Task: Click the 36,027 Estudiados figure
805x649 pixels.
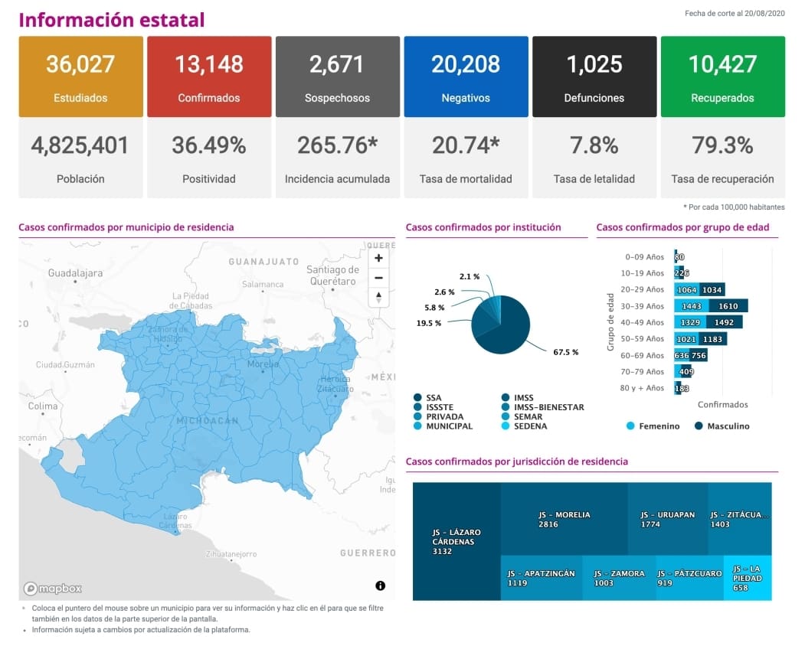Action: click(80, 64)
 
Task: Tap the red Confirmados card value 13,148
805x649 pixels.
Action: click(209, 64)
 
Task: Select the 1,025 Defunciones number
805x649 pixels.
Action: click(594, 64)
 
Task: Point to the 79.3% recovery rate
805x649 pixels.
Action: click(722, 145)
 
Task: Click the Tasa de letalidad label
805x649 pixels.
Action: click(594, 179)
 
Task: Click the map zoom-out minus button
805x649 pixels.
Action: click(378, 277)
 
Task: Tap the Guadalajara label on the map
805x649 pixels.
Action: click(75, 272)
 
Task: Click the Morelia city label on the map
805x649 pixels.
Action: click(263, 364)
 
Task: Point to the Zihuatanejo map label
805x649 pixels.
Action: click(231, 553)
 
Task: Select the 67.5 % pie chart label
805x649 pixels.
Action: click(565, 352)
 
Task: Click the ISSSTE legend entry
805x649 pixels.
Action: click(438, 407)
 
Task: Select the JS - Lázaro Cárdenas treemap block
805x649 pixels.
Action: click(456, 541)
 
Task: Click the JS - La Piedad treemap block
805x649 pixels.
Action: click(747, 578)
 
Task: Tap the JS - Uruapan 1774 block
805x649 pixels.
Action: click(667, 519)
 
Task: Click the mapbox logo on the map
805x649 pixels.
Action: click(53, 589)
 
